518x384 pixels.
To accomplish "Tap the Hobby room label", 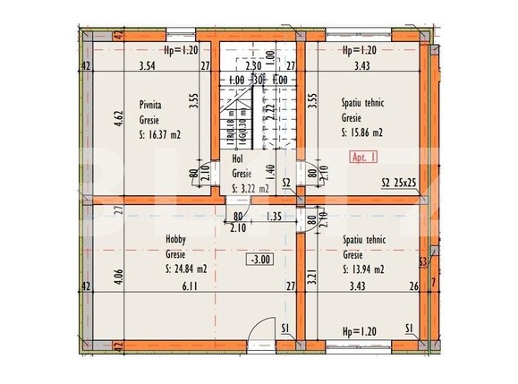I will pos(175,240).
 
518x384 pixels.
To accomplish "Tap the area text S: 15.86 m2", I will pos(362,132).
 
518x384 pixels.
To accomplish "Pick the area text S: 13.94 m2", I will pos(362,269).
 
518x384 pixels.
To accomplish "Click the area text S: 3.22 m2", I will pos(250,189).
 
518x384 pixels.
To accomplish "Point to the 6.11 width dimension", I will pos(188,286).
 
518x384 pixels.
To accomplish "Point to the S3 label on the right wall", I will pos(422,261).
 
